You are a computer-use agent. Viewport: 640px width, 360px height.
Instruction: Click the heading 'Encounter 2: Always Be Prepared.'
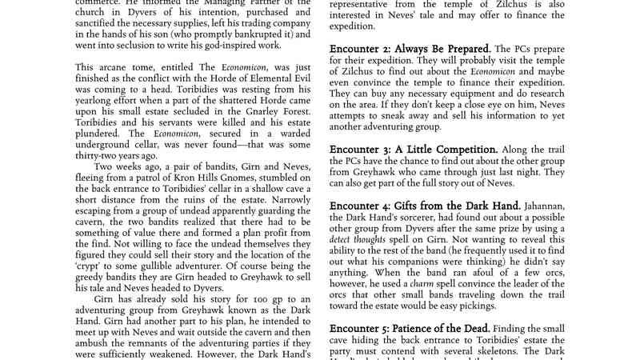pos(411,49)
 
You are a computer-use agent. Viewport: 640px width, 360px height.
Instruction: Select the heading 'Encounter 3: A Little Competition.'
pos(414,150)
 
